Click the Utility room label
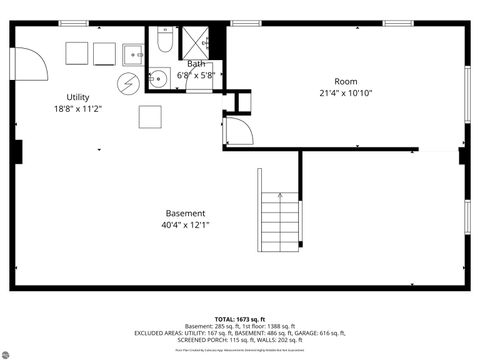70,97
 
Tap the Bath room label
195,64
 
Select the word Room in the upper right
346,81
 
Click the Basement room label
186,213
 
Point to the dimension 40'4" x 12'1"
186,225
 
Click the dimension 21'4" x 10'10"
346,93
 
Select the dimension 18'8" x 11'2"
70,108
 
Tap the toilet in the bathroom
164,43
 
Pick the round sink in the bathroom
158,77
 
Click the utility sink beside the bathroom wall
133,54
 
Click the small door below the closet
238,132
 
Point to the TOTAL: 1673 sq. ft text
240,317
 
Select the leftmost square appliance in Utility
78,53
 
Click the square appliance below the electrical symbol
150,117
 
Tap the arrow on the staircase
280,197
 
